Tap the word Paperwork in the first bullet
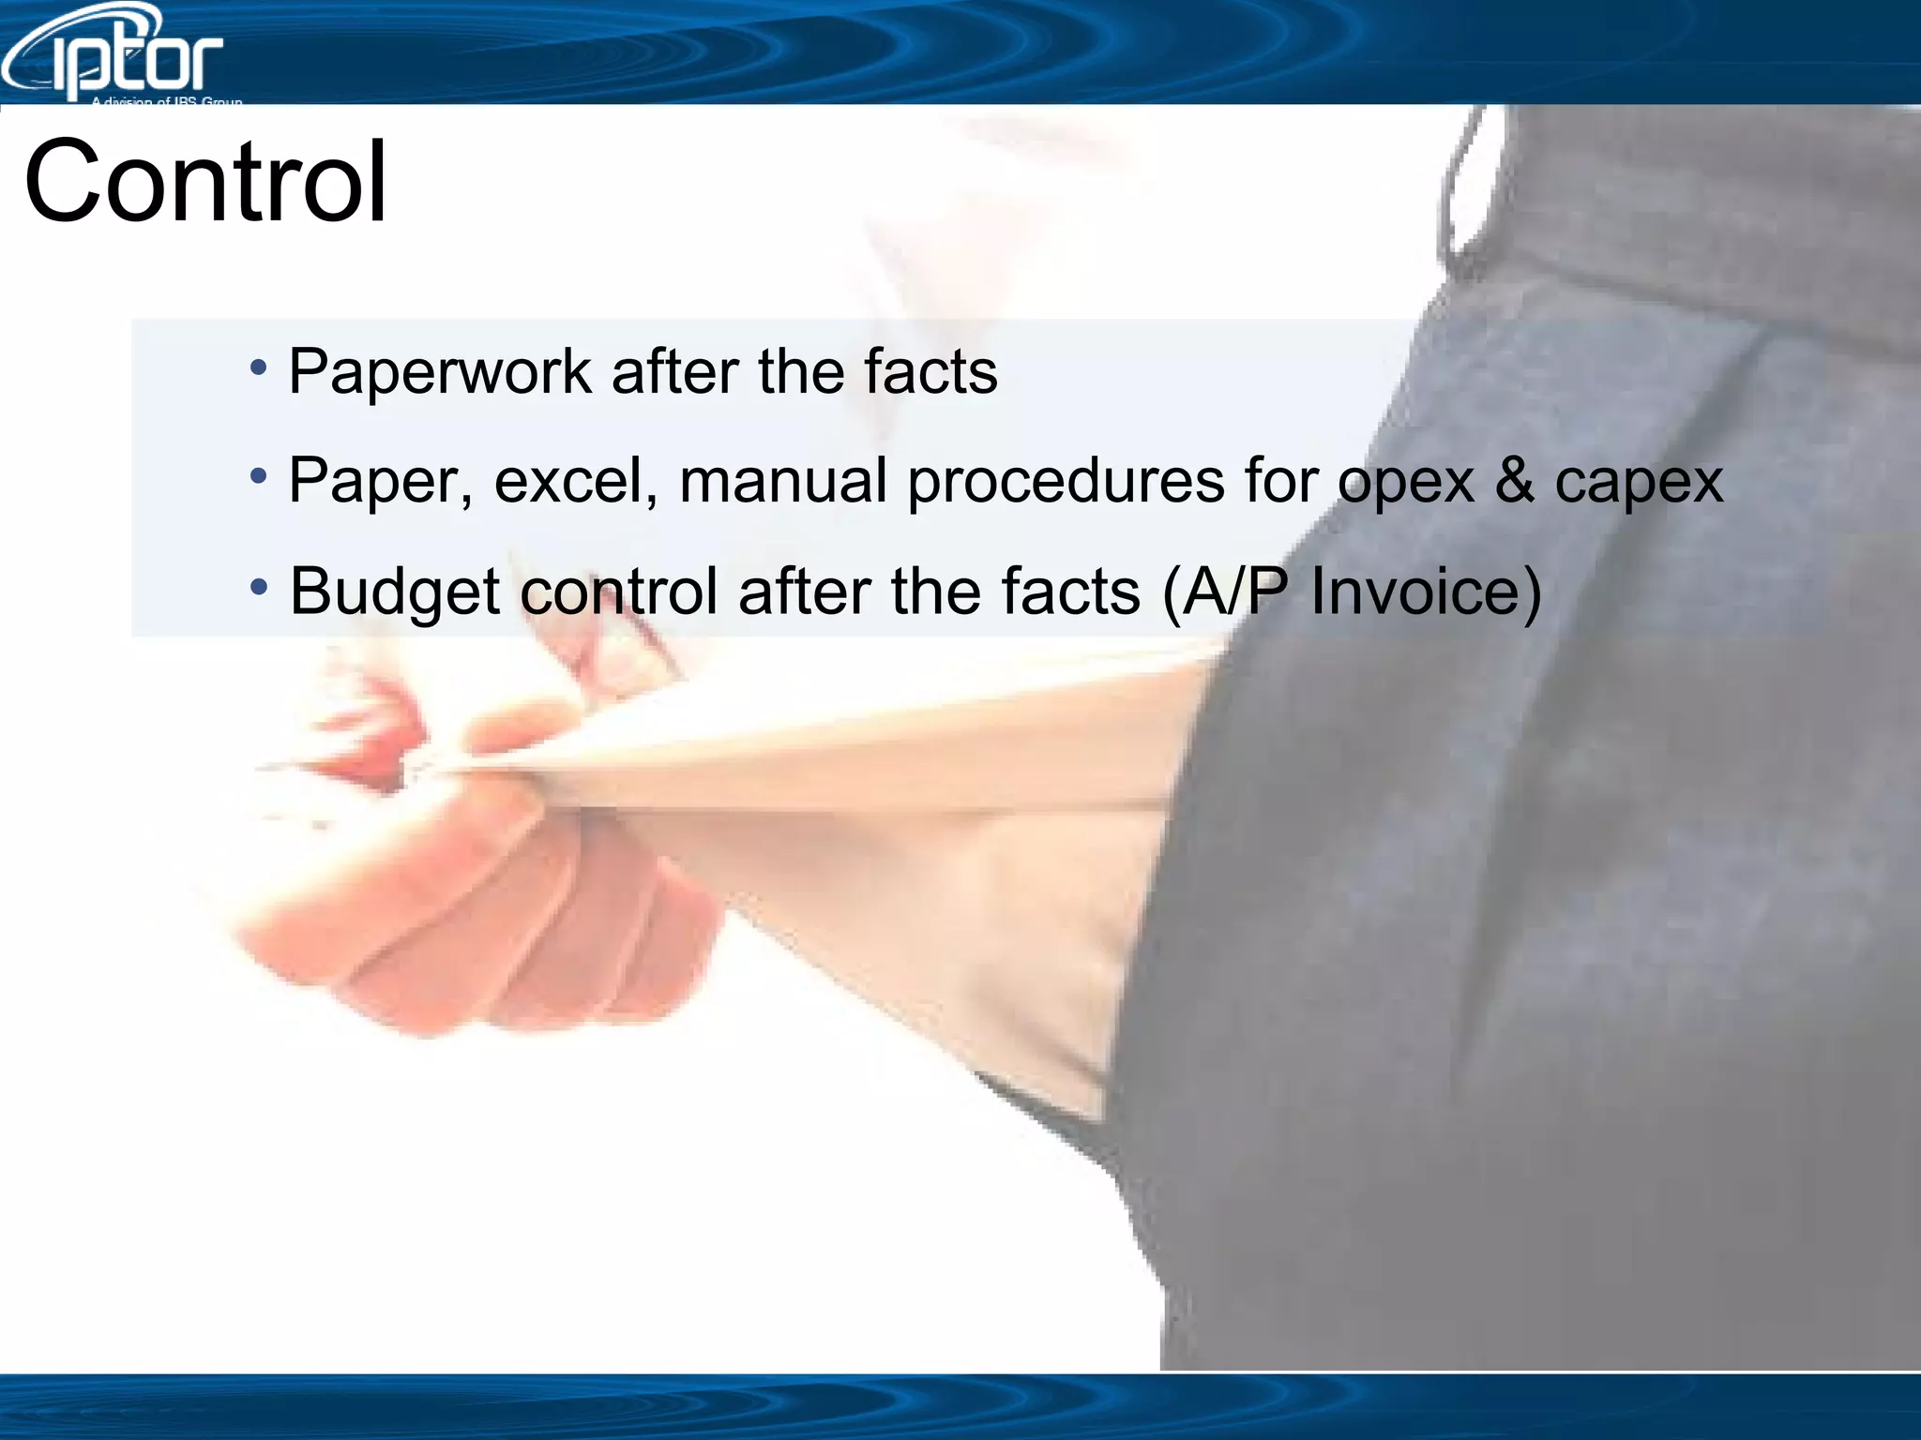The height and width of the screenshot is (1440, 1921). tap(439, 372)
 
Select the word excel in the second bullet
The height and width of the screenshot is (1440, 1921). tap(575, 481)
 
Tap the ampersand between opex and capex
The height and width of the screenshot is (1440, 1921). tap(1515, 480)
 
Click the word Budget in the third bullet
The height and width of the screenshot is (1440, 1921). tap(394, 592)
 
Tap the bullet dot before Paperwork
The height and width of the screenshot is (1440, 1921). tap(259, 367)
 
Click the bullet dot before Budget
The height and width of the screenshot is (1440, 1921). tap(259, 588)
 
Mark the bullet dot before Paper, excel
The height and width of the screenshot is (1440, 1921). tap(259, 476)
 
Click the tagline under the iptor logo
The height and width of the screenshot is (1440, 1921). tap(167, 100)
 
